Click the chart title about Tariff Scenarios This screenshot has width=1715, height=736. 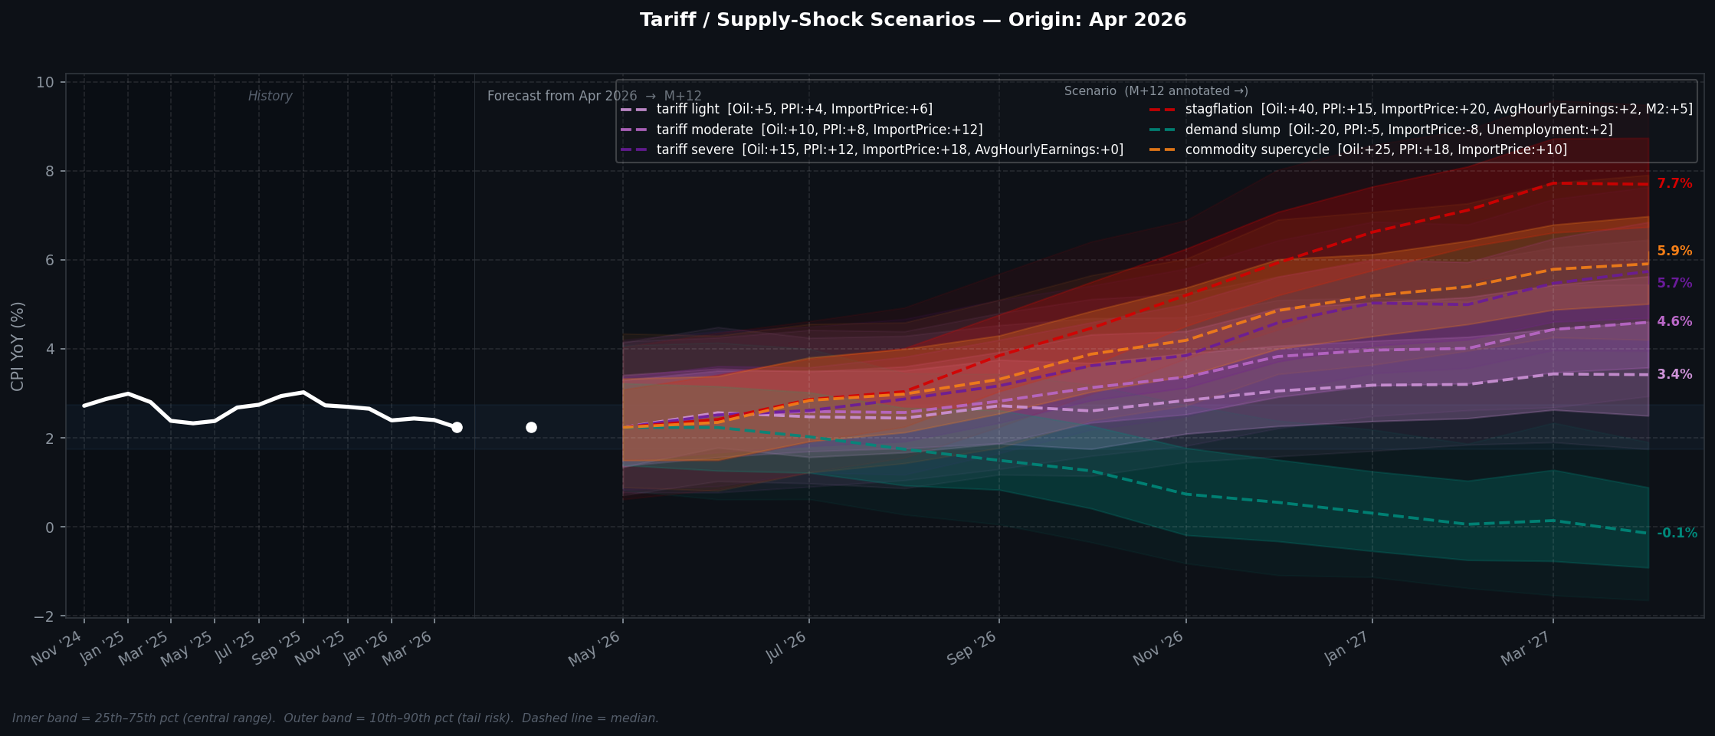click(x=913, y=21)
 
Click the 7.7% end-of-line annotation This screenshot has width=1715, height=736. click(x=1674, y=184)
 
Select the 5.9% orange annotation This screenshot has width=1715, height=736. click(x=1674, y=251)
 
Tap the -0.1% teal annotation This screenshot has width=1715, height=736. click(x=1677, y=534)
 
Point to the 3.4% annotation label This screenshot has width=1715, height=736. click(x=1674, y=375)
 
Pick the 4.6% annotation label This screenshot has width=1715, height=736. click(x=1674, y=322)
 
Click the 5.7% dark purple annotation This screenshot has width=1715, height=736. click(x=1674, y=284)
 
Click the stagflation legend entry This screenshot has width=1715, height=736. click(x=1419, y=110)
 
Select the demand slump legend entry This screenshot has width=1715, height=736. click(x=1379, y=130)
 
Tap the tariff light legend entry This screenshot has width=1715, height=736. click(x=776, y=110)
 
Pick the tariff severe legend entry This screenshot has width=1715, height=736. click(x=871, y=150)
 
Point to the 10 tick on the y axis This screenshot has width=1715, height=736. click(x=45, y=83)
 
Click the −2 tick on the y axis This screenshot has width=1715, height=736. click(x=44, y=616)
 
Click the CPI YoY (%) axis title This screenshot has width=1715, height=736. click(x=18, y=346)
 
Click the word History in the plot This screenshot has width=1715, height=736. click(x=270, y=97)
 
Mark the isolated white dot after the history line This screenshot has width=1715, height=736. click(x=531, y=427)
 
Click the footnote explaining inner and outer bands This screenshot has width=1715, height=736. click(x=335, y=718)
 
